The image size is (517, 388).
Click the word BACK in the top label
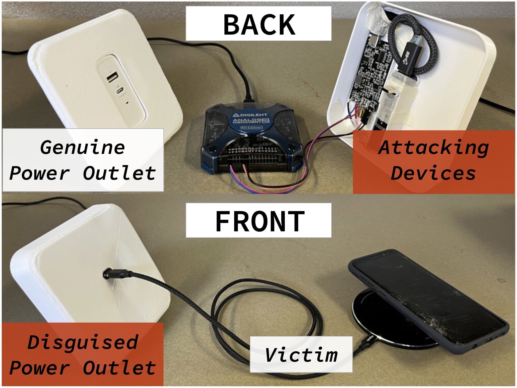pyautogui.click(x=259, y=24)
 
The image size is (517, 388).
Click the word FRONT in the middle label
pyautogui.click(x=260, y=221)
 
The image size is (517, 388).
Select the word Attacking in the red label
pyautogui.click(x=434, y=148)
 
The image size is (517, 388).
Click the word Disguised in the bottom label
pyautogui.click(x=83, y=342)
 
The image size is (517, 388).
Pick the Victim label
pyautogui.click(x=301, y=355)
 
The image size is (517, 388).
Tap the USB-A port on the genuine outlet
pyautogui.click(x=112, y=77)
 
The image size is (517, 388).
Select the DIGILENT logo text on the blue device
pyautogui.click(x=250, y=115)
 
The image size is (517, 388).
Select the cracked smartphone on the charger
pyautogui.click(x=427, y=301)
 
